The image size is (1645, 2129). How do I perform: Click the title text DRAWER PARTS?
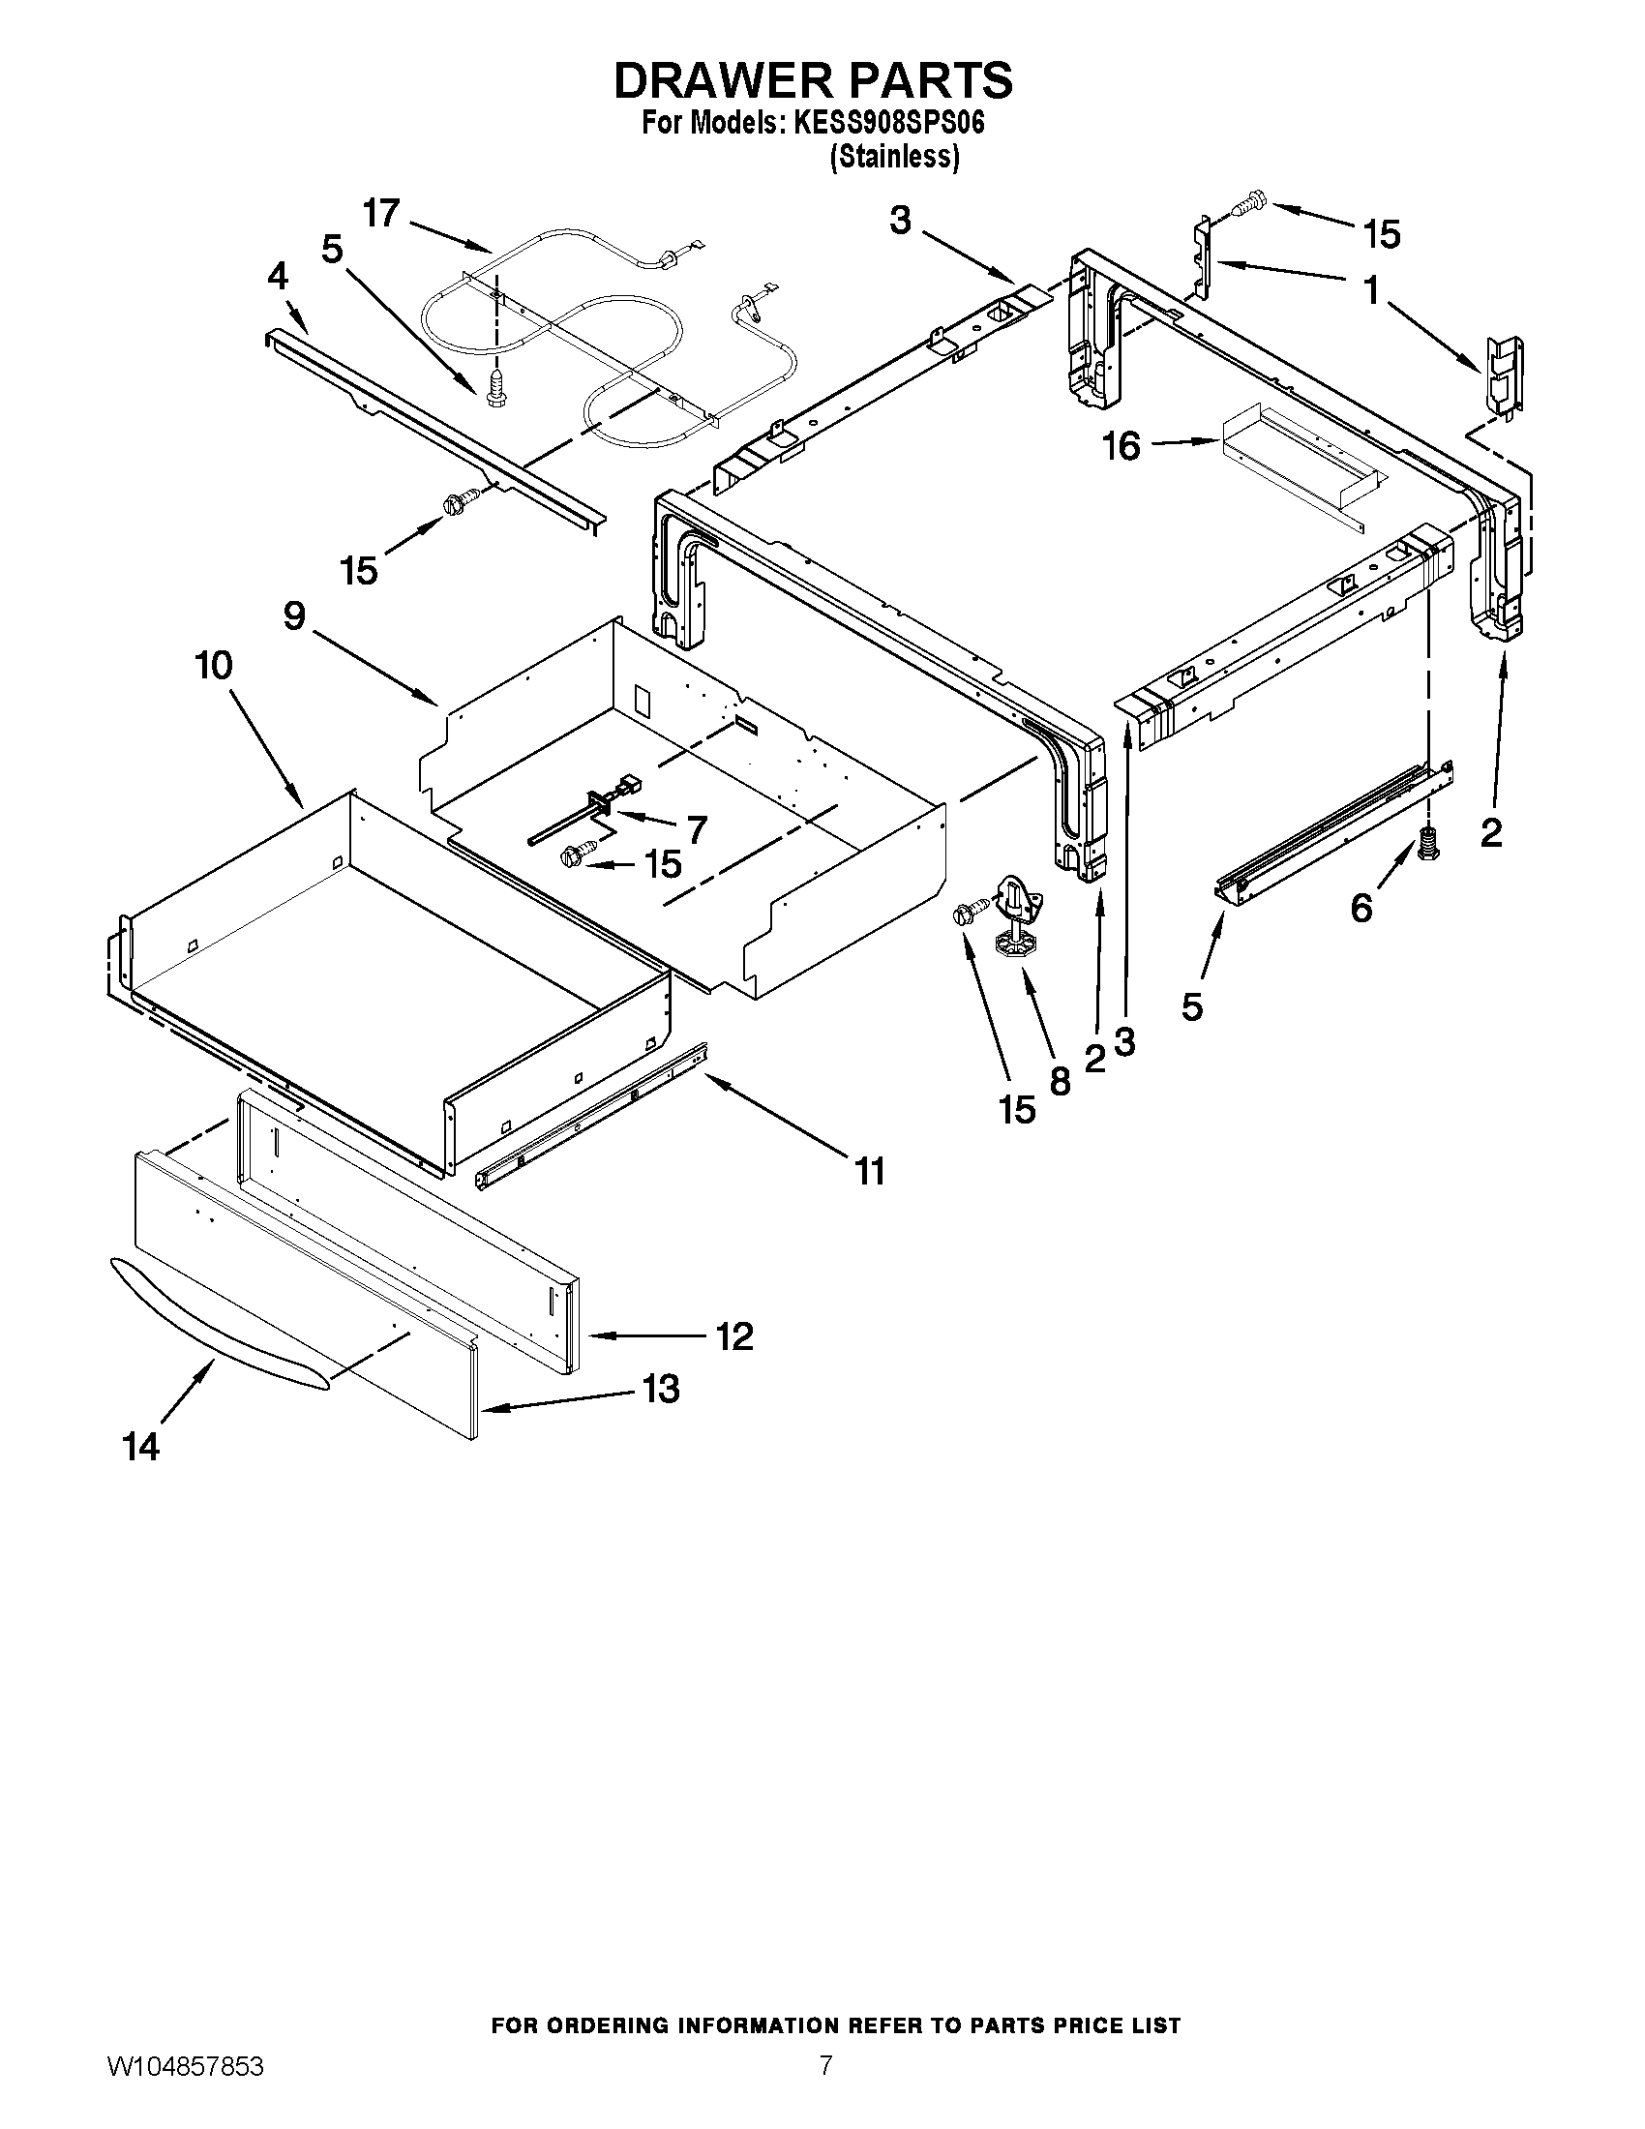tap(813, 81)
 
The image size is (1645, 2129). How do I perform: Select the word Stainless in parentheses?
tap(894, 157)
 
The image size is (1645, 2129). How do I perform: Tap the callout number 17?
tap(381, 214)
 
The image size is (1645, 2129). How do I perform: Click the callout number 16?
tap(1121, 447)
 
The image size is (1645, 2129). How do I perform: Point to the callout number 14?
tap(141, 1448)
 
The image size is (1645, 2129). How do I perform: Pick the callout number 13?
tap(661, 1389)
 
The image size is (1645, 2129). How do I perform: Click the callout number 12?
tap(733, 1336)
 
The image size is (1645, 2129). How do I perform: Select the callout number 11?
tap(869, 1171)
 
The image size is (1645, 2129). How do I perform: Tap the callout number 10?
tap(214, 667)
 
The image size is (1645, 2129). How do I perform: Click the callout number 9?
tap(294, 615)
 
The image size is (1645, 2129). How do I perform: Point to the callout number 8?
tap(1060, 1081)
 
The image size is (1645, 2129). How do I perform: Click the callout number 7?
tap(697, 828)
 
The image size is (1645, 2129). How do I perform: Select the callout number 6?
tap(1361, 909)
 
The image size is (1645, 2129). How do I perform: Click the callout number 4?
tap(278, 277)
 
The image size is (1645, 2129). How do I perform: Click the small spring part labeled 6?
tap(1429, 841)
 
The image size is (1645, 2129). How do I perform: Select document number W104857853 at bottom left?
tap(184, 2088)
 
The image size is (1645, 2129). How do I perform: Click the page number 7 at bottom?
tap(824, 2088)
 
